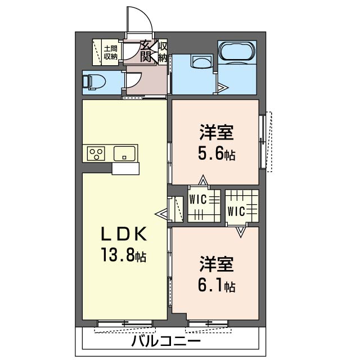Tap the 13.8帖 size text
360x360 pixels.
pos(124,256)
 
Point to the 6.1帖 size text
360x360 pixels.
pos(216,285)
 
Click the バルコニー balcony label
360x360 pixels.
pos(166,341)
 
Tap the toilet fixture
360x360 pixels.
pos(93,81)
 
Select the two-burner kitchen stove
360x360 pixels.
pos(96,153)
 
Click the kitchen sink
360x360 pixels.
pos(125,153)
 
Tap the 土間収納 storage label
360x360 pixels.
pos(111,51)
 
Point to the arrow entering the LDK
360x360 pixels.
pos(162,214)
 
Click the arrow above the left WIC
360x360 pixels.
pos(202,181)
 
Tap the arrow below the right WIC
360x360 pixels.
pos(241,231)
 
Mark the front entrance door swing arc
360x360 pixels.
pos(143,22)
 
